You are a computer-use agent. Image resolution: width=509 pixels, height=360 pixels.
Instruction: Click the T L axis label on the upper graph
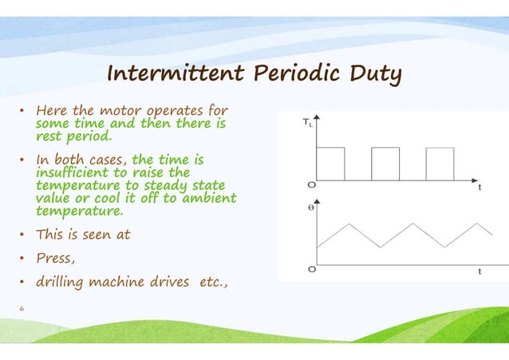click(x=308, y=123)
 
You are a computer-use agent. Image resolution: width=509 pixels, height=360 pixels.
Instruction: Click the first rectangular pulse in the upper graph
click(x=330, y=164)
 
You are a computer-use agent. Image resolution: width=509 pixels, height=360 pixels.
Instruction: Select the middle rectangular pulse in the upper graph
click(x=385, y=164)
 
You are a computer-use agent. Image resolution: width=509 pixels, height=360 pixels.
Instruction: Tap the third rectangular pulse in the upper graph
click(x=440, y=164)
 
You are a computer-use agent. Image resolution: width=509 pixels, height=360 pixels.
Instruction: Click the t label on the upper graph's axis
click(x=479, y=189)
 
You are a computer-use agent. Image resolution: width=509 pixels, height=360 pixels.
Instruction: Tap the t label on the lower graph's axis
click(x=479, y=271)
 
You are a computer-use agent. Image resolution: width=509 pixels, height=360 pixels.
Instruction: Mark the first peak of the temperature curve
click(x=348, y=224)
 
